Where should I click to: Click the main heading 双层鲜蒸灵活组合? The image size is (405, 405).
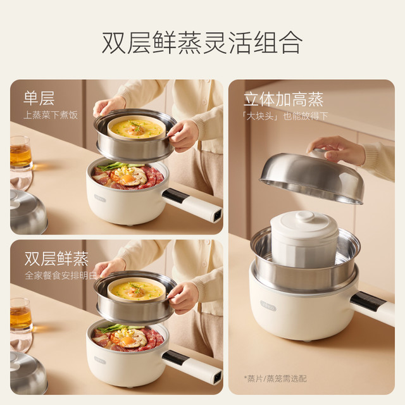pyautogui.click(x=202, y=42)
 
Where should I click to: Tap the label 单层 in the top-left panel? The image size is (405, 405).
pyautogui.click(x=39, y=98)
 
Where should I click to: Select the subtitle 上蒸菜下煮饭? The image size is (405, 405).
pyautogui.click(x=51, y=115)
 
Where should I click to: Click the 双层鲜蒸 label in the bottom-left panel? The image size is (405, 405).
pyautogui.click(x=56, y=259)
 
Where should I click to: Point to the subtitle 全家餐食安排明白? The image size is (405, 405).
pyautogui.click(x=61, y=276)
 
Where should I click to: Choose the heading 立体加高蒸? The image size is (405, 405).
pyautogui.click(x=283, y=99)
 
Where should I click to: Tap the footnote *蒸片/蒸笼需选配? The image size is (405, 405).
pyautogui.click(x=275, y=379)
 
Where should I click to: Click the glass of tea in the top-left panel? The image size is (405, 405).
pyautogui.click(x=20, y=153)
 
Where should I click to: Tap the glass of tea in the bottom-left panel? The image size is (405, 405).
pyautogui.click(x=20, y=315)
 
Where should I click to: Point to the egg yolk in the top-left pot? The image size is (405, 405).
pyautogui.click(x=128, y=178)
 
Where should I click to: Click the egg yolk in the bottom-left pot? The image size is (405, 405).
pyautogui.click(x=128, y=340)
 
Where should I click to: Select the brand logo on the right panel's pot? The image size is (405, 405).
pyautogui.click(x=268, y=306)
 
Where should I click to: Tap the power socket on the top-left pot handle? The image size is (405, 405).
pyautogui.click(x=216, y=215)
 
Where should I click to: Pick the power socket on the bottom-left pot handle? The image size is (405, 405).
pyautogui.click(x=216, y=377)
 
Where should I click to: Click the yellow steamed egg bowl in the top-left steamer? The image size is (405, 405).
pyautogui.click(x=137, y=128)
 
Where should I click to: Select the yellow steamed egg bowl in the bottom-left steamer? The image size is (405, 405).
pyautogui.click(x=137, y=290)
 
